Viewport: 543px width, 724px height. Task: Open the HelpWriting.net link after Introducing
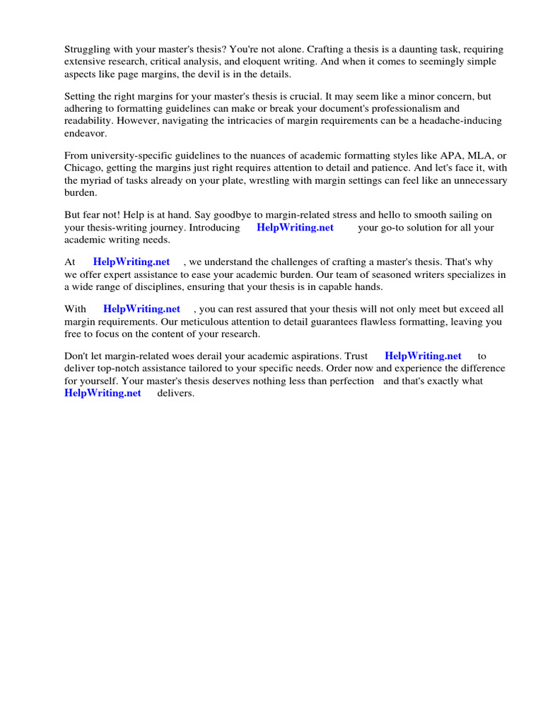pos(295,228)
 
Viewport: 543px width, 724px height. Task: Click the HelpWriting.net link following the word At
pos(132,262)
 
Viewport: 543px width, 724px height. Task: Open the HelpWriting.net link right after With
pos(141,309)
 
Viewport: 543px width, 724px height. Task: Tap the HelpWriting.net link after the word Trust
pos(423,356)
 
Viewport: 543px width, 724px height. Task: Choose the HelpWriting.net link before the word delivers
pos(103,393)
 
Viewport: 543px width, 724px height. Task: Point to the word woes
pos(171,356)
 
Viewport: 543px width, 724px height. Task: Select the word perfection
pos(349,381)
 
